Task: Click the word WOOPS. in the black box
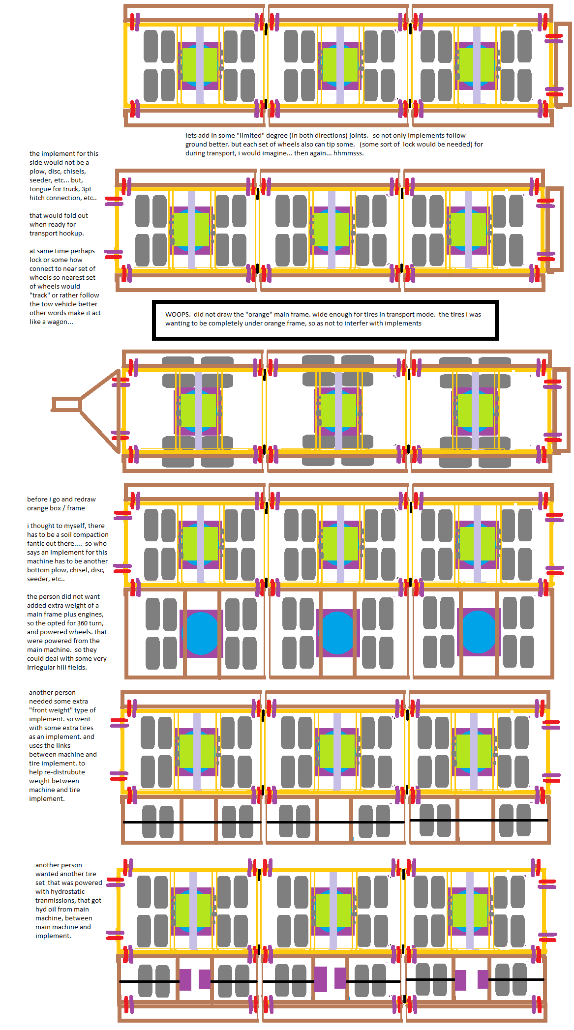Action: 178,315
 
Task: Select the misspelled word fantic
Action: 37,544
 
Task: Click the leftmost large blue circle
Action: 201,633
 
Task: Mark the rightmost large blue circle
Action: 478,632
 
